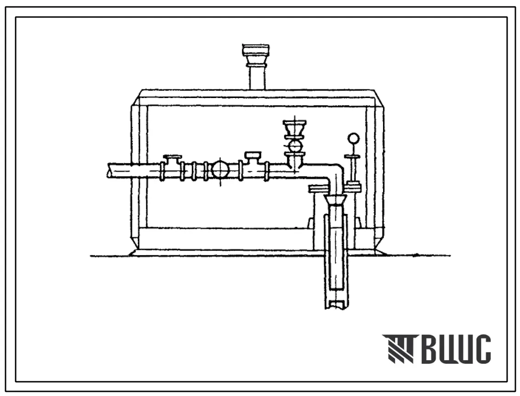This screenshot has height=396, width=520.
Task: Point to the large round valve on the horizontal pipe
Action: tap(221, 170)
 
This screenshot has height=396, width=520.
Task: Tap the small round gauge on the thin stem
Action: tap(353, 138)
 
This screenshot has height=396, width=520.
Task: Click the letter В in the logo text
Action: tap(431, 349)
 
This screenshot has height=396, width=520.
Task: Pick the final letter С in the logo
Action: tap(481, 349)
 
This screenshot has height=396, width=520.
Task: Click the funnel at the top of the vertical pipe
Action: tap(335, 200)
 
